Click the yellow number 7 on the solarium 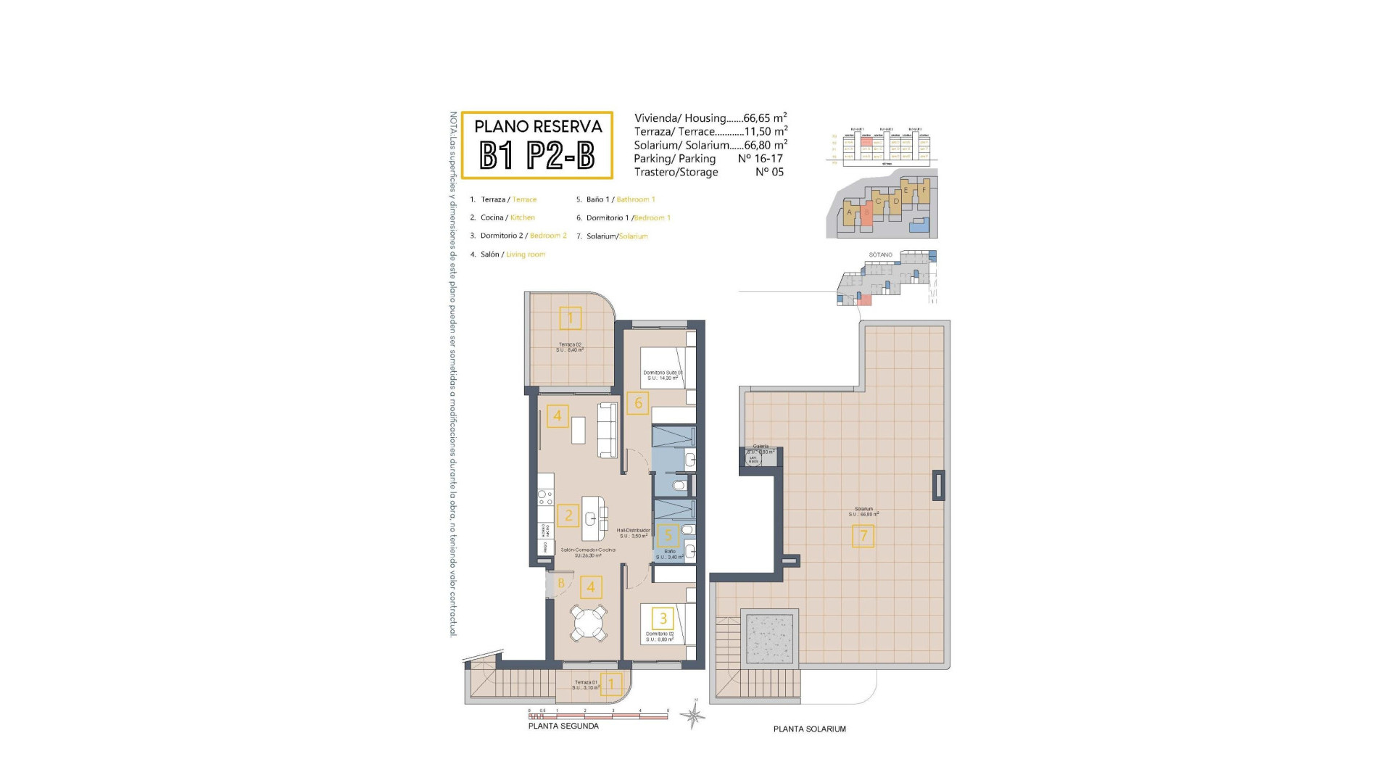[863, 536]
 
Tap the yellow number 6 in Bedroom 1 [638, 403]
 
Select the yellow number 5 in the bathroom [668, 536]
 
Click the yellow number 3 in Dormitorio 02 [663, 618]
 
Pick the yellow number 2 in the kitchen [568, 515]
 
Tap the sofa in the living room [607, 431]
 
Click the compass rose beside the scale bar [694, 716]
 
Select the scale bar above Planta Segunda [597, 716]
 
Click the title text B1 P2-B [537, 154]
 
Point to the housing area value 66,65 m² [765, 118]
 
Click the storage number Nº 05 [769, 172]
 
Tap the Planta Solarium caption [809, 729]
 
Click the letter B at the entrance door [561, 583]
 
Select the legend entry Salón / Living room [512, 254]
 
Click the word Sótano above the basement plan [880, 255]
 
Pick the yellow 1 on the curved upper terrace [571, 318]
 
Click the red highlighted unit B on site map [866, 213]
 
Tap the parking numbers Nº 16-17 [760, 158]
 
